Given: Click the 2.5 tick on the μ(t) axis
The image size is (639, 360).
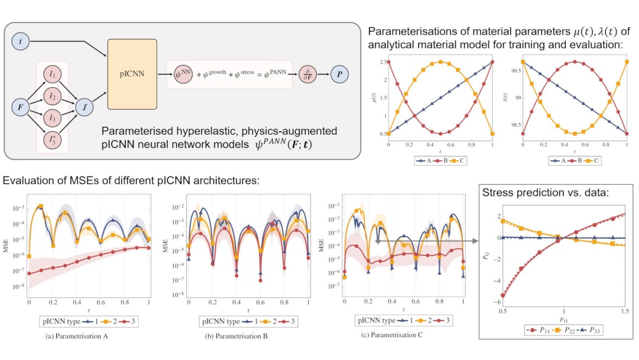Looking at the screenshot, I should coord(382,62).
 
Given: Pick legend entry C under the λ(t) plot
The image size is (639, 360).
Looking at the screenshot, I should coord(594,161).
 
